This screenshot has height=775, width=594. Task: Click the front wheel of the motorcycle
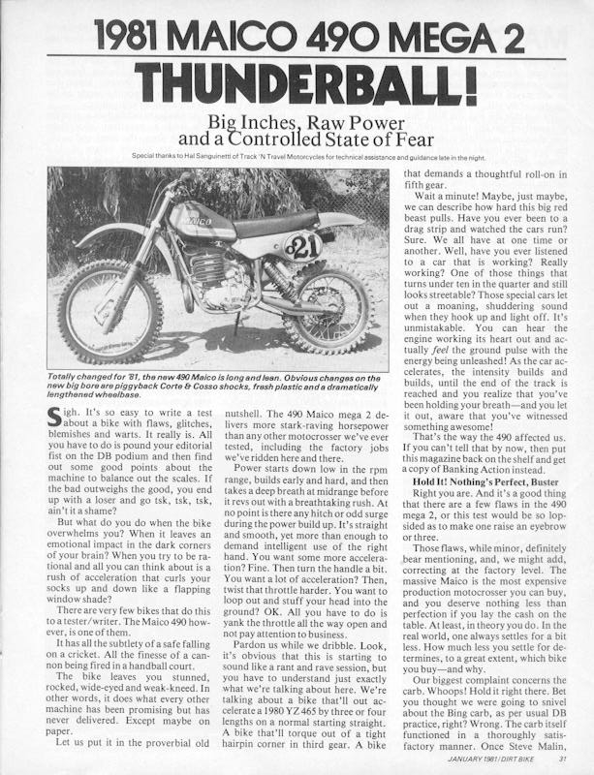point(109,309)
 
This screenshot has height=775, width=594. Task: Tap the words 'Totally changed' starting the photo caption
point(77,375)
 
